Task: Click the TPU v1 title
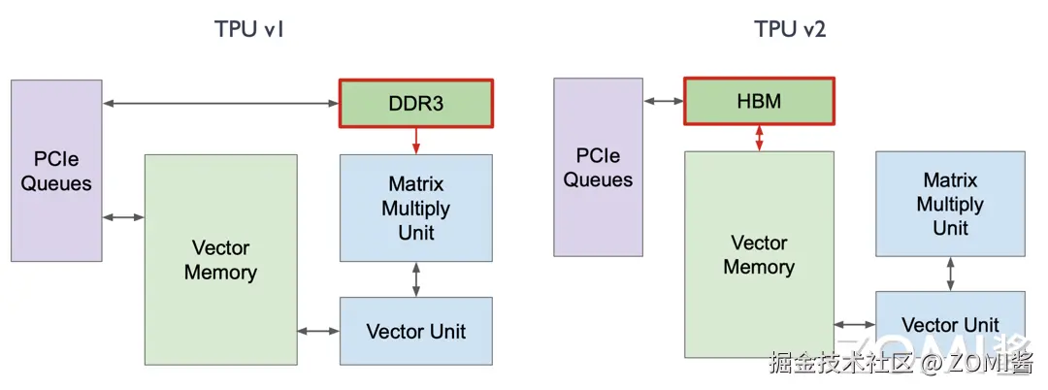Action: (248, 29)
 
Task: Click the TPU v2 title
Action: (790, 29)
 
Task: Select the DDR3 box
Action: (416, 103)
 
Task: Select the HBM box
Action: (759, 101)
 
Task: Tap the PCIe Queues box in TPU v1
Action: (56, 171)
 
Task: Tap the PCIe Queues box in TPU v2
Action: (598, 167)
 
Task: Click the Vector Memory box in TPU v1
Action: (220, 260)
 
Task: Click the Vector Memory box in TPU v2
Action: (759, 254)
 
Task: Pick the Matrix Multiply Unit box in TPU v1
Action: (416, 208)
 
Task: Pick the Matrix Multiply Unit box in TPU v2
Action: (950, 204)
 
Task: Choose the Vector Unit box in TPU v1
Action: (416, 331)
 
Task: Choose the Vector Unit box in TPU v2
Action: (950, 325)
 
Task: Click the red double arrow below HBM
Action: (759, 137)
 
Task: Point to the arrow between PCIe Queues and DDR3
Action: (220, 103)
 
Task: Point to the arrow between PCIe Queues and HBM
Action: (663, 101)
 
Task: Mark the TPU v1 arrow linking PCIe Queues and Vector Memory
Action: (123, 217)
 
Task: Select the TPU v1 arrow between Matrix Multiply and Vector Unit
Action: (416, 278)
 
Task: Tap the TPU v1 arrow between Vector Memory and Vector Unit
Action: (318, 331)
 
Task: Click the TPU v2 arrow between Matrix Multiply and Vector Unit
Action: (950, 274)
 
